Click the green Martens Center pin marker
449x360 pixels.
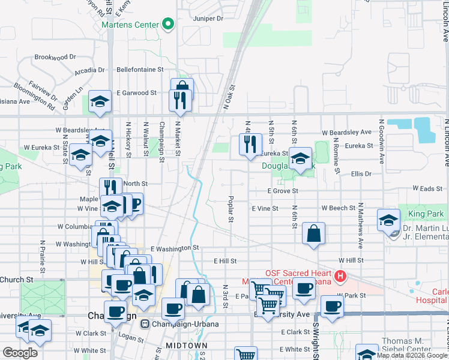click(x=168, y=25)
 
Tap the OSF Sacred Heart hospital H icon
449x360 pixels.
click(x=340, y=277)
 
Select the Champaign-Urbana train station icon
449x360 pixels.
click(x=145, y=324)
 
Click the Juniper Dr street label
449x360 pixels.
click(x=208, y=19)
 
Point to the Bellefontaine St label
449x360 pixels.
click(x=140, y=70)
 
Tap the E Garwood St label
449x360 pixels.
click(x=136, y=93)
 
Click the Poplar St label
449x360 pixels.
click(x=231, y=208)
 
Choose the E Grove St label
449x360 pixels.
click(x=283, y=191)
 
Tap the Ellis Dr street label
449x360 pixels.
click(x=361, y=173)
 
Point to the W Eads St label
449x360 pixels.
click(x=430, y=189)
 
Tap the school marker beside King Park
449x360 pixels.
click(x=388, y=220)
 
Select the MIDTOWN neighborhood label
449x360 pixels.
click(x=187, y=346)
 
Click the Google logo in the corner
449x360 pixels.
click(x=20, y=353)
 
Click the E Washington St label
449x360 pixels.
click(x=175, y=248)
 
